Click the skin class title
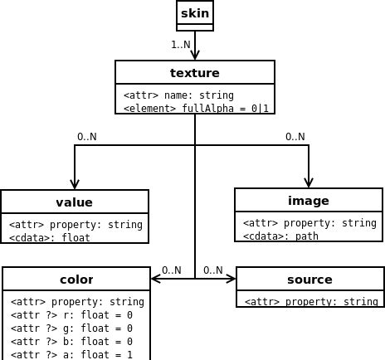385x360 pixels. tap(195, 13)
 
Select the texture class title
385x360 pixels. tap(195, 73)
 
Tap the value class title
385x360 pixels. tap(75, 202)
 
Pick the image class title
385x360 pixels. tap(309, 201)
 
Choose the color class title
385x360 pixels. tap(76, 280)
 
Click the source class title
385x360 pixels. tap(309, 280)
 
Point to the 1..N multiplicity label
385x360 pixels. tap(181, 45)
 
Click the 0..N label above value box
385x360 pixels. tap(87, 137)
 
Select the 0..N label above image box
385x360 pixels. tap(295, 137)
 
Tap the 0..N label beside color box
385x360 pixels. tap(172, 270)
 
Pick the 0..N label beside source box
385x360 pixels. tap(213, 270)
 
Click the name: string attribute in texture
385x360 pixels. tap(178, 95)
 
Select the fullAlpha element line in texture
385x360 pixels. tap(196, 108)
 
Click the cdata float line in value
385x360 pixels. tap(50, 238)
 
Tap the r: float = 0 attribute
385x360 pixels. tap(71, 315)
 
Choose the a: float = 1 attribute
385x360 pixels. tap(71, 354)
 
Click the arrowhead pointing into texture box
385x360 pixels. tap(195, 55)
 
